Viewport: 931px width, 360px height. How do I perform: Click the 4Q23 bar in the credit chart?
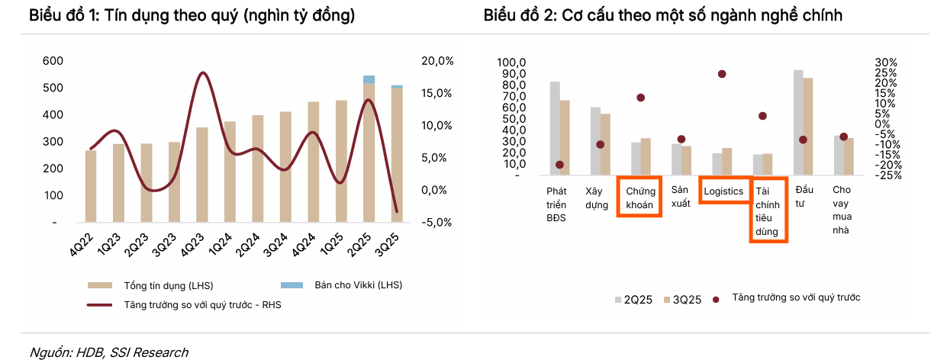pyautogui.click(x=202, y=175)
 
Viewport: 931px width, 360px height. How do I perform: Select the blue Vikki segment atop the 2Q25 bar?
pyautogui.click(x=369, y=79)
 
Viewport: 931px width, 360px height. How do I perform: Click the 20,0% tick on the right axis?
pyautogui.click(x=437, y=61)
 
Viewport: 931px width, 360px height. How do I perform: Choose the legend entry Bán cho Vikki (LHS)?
pyautogui.click(x=358, y=285)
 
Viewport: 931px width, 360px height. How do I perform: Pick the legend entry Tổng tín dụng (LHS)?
pyautogui.click(x=168, y=285)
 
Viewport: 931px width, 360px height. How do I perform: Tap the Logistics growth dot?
pyautogui.click(x=722, y=74)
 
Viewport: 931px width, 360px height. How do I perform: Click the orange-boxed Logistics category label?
pyautogui.click(x=723, y=191)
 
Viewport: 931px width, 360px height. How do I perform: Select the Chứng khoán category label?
pyautogui.click(x=639, y=198)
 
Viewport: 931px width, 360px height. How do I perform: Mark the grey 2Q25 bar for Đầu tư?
pyautogui.click(x=798, y=123)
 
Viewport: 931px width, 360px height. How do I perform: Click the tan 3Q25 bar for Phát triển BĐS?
pyautogui.click(x=565, y=138)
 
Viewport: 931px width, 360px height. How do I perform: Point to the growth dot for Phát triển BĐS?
pyautogui.click(x=560, y=165)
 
